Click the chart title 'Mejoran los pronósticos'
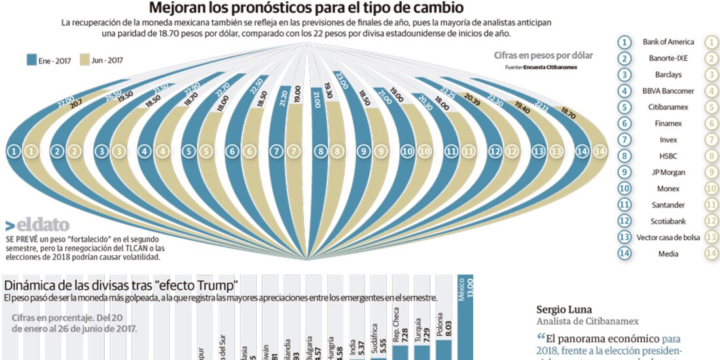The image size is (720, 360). coord(307,8)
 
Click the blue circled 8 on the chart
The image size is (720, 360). coord(320,151)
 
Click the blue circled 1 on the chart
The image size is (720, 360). coord(13,151)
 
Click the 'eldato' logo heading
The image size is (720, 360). coord(37,225)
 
